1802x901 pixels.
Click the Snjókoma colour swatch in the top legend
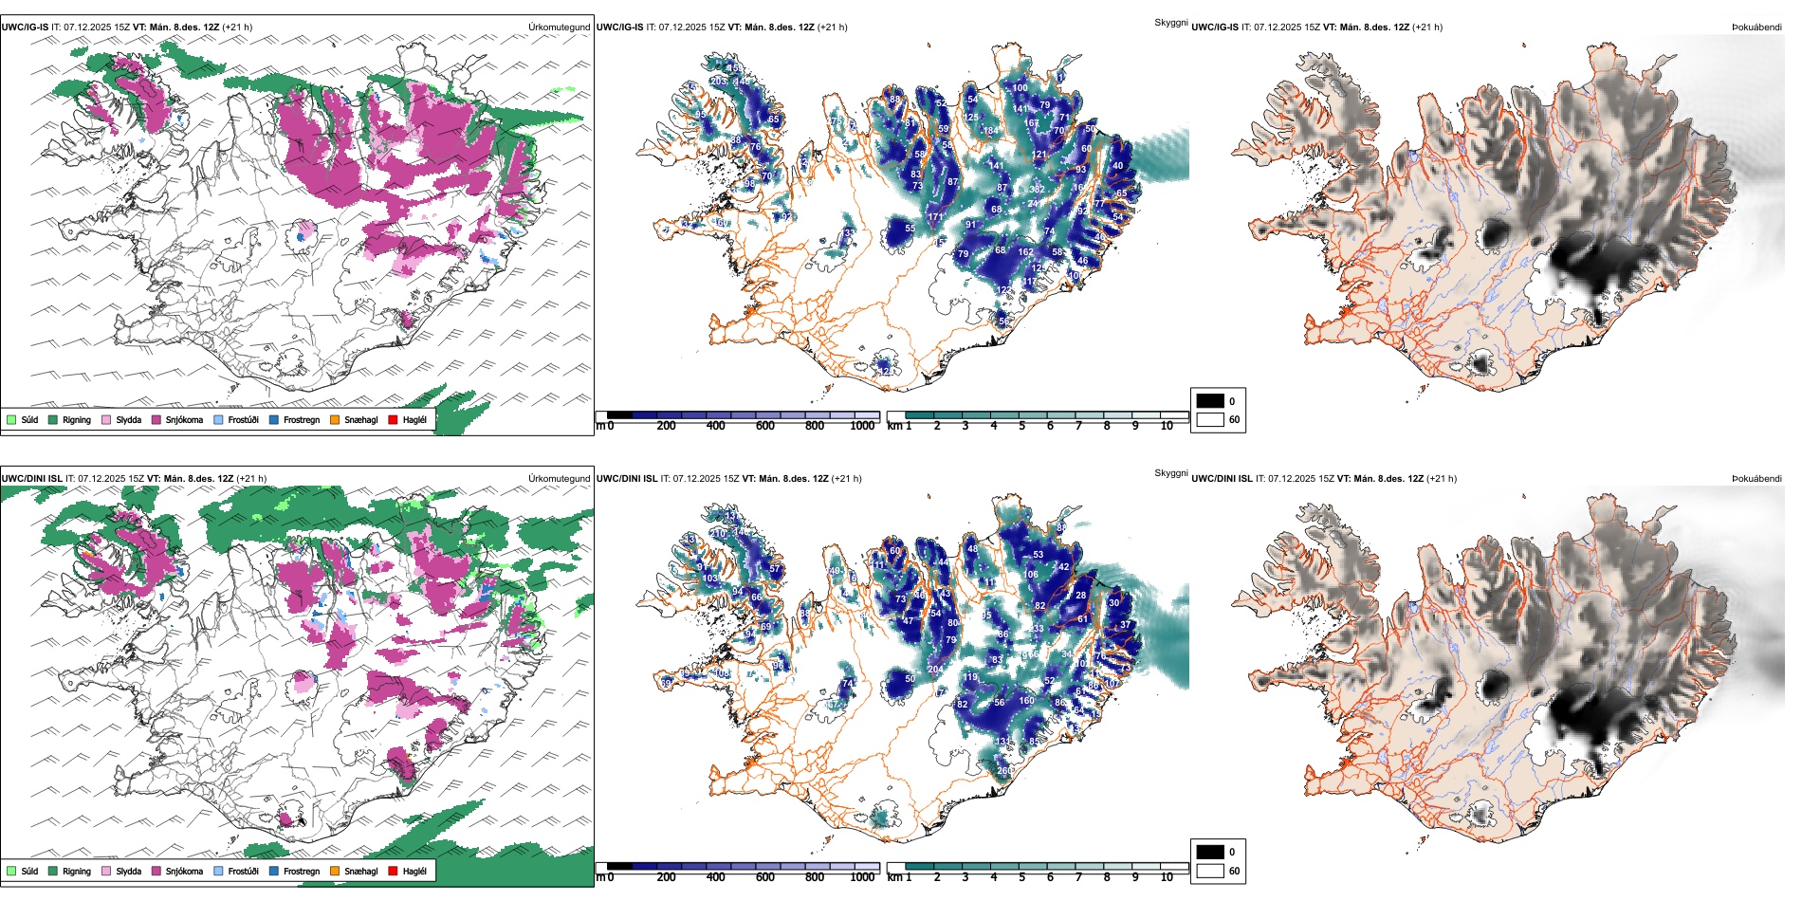(156, 419)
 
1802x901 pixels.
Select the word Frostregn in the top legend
(301, 419)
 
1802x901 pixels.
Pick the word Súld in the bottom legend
(29, 871)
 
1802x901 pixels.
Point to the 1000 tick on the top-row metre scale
(862, 426)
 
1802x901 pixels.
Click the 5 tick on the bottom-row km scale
(1021, 877)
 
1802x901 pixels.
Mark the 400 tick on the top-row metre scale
(716, 426)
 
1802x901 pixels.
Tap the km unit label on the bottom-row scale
(894, 877)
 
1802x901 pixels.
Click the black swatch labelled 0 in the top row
(1210, 401)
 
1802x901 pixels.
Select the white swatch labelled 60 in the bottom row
(1210, 871)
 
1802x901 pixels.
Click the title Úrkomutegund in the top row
(559, 28)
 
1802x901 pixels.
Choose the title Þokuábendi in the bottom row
(1756, 478)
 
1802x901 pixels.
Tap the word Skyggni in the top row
(1170, 22)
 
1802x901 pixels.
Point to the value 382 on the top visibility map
(1037, 190)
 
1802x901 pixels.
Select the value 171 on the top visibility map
(935, 217)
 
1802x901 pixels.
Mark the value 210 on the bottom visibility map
(718, 533)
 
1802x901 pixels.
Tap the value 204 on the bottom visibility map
(935, 669)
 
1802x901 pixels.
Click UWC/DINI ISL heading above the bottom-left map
(31, 479)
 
